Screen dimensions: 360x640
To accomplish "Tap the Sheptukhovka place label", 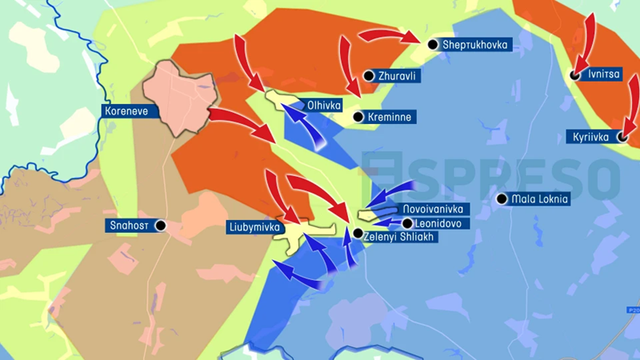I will click(476, 45).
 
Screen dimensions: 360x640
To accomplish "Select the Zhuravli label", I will click(399, 76).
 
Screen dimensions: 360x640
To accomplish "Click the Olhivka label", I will click(324, 105).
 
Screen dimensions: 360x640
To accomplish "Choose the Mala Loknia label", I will click(541, 199).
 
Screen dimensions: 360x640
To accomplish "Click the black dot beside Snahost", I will click(161, 226).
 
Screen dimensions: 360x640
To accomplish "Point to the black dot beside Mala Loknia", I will click(502, 199).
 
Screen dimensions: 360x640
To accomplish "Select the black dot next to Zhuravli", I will click(369, 76).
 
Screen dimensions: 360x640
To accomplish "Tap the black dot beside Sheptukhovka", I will click(433, 45).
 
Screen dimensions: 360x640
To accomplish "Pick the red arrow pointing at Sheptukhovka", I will click(388, 36).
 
